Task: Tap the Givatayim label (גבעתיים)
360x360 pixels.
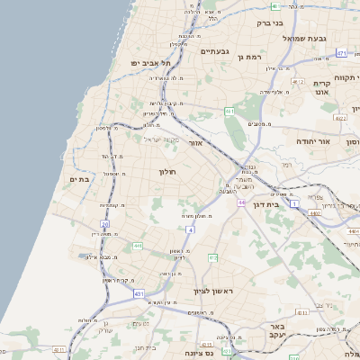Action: coord(214,52)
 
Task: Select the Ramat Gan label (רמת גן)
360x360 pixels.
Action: coord(248,56)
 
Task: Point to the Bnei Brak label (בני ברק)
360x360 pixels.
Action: coord(269,24)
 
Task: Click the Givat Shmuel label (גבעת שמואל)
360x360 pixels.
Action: coord(303,38)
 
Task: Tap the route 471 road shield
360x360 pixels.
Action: coord(342,54)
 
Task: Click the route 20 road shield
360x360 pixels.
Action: coord(104,223)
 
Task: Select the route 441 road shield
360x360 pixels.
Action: coord(138,245)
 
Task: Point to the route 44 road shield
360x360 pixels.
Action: coord(241,202)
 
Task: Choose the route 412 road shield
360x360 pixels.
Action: coord(213,258)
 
